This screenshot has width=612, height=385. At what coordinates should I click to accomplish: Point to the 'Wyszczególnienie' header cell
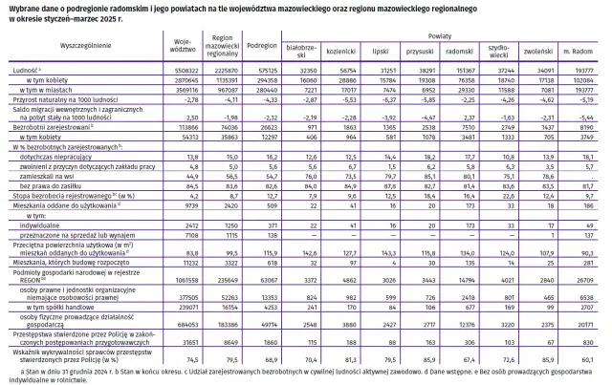(x=85, y=45)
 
